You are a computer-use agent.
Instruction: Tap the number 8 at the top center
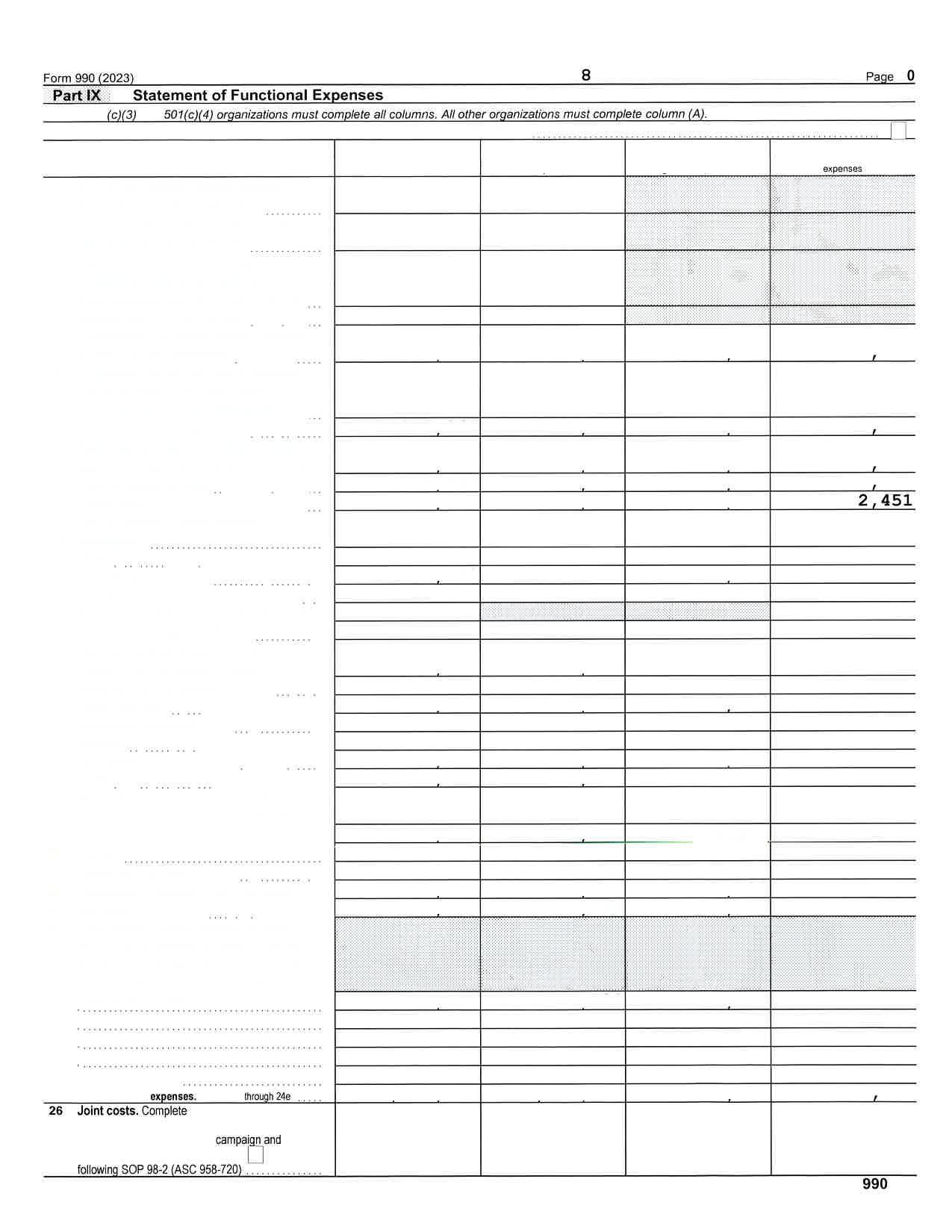pyautogui.click(x=586, y=75)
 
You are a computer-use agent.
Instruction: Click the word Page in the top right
pyautogui.click(x=880, y=77)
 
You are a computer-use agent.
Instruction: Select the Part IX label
pyautogui.click(x=76, y=96)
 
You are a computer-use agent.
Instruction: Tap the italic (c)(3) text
pyautogui.click(x=122, y=115)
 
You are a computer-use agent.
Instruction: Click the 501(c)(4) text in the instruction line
pyautogui.click(x=188, y=115)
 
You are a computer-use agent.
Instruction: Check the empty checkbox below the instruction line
pyautogui.click(x=898, y=131)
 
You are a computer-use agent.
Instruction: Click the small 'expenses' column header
pyautogui.click(x=842, y=169)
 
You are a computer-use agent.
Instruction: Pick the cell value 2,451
pyautogui.click(x=885, y=501)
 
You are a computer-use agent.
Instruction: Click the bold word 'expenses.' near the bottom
pyautogui.click(x=173, y=1097)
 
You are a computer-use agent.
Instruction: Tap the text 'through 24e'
pyautogui.click(x=267, y=1097)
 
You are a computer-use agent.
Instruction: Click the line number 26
pyautogui.click(x=56, y=1111)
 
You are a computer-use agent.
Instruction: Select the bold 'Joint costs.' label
pyautogui.click(x=108, y=1111)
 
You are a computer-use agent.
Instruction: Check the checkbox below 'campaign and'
pyautogui.click(x=255, y=1155)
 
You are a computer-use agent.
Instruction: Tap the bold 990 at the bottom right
pyautogui.click(x=874, y=1184)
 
